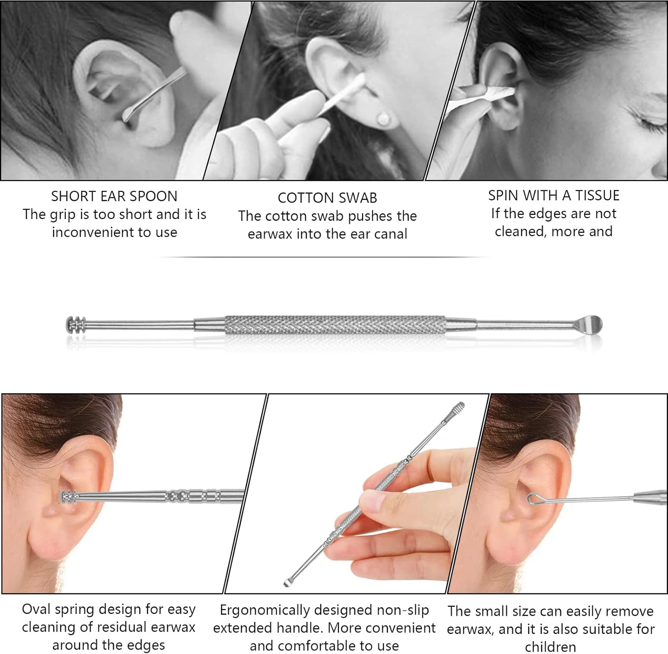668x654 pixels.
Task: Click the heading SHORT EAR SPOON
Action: point(114,196)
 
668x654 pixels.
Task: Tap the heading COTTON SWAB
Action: point(327,198)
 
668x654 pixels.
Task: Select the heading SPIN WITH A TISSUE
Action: point(554,195)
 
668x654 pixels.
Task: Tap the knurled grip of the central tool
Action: point(335,325)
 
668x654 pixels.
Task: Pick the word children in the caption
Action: point(550,646)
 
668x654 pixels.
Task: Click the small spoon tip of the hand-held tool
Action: point(288,582)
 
